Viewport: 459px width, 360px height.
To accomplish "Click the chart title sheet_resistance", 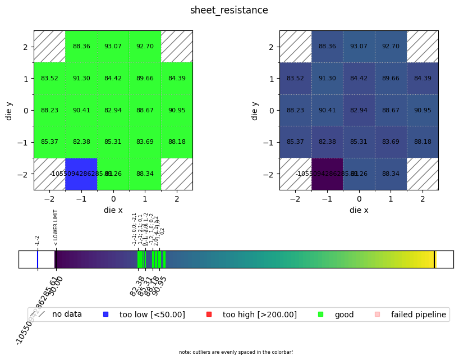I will [x=229, y=10].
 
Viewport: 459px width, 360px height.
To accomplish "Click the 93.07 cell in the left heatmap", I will [x=113, y=46].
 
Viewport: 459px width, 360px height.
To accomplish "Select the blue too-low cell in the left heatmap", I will [x=81, y=174].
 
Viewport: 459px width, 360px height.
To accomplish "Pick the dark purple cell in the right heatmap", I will [x=327, y=174].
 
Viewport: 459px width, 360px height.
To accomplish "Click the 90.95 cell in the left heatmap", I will [x=176, y=110].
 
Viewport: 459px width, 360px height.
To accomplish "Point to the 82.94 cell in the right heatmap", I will [x=359, y=110].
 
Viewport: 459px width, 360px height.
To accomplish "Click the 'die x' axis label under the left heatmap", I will [x=113, y=210].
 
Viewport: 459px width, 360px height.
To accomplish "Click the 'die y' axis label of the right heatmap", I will [x=255, y=110].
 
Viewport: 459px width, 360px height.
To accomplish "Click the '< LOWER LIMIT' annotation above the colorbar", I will [x=56, y=228].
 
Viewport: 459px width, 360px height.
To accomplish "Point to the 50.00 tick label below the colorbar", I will [x=57, y=284].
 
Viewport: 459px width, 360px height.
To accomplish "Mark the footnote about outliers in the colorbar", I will [x=236, y=352].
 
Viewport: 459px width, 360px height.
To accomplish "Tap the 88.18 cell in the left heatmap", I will [x=176, y=142].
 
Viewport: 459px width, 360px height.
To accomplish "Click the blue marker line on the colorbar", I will [x=38, y=259].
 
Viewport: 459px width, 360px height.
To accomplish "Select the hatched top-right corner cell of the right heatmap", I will [x=422, y=46].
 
